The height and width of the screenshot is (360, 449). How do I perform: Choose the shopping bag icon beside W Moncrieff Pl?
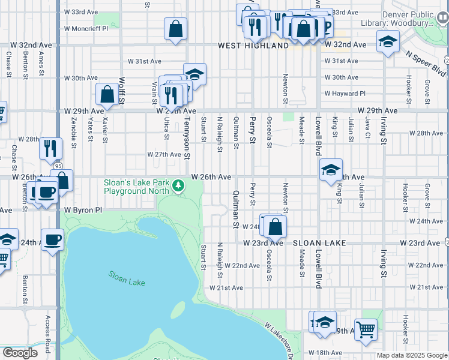click(x=176, y=28)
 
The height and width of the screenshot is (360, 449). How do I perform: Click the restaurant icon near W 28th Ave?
click(x=50, y=148)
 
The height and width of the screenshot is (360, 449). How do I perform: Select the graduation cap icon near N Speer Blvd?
click(x=388, y=41)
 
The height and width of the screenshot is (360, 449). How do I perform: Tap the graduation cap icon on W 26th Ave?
click(x=331, y=170)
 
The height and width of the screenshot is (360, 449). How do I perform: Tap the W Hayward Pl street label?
click(x=345, y=94)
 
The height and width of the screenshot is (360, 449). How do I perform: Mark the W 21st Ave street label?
click(x=226, y=288)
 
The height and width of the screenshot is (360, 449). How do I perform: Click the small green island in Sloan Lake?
click(x=178, y=310)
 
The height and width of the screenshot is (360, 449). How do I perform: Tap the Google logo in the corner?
click(x=20, y=353)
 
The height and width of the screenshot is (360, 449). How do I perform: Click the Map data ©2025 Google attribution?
click(x=412, y=355)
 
